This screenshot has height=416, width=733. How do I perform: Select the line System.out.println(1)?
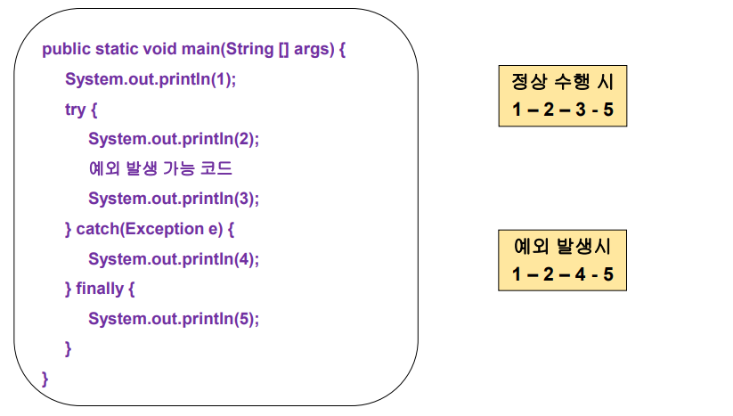click(151, 79)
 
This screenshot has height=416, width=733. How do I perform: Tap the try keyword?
click(76, 110)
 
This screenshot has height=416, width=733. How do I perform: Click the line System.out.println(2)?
click(174, 139)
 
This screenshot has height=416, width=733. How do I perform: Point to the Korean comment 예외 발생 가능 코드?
click(160, 168)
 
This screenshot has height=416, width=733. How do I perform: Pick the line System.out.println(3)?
click(174, 199)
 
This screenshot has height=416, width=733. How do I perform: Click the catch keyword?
click(95, 229)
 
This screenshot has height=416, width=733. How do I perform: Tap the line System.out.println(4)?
click(174, 259)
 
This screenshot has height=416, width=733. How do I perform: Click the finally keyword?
click(102, 289)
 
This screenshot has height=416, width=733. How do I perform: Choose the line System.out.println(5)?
click(174, 319)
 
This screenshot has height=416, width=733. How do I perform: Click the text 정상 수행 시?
click(562, 82)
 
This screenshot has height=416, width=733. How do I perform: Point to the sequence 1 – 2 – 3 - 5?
click(562, 111)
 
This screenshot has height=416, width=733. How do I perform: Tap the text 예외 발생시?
click(562, 245)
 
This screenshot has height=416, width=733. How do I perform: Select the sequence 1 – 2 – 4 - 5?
click(562, 274)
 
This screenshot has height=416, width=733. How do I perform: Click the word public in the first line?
click(65, 49)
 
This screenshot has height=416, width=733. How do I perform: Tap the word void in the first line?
click(159, 49)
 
